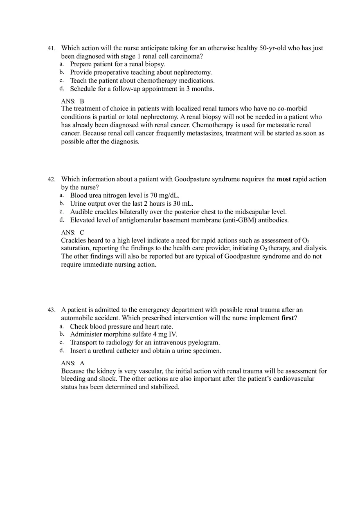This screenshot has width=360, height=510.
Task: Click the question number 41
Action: [x=51, y=48]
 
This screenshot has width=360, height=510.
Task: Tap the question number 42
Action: [x=51, y=179]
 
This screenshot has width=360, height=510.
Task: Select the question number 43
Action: [x=51, y=310]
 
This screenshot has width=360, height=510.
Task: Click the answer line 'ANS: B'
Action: [x=72, y=101]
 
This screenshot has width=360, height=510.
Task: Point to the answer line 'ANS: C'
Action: [x=72, y=232]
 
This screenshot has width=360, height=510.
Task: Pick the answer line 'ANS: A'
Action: [x=72, y=363]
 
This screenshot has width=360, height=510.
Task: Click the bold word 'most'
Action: [x=283, y=179]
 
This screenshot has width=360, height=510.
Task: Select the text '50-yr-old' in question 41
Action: [x=272, y=48]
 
